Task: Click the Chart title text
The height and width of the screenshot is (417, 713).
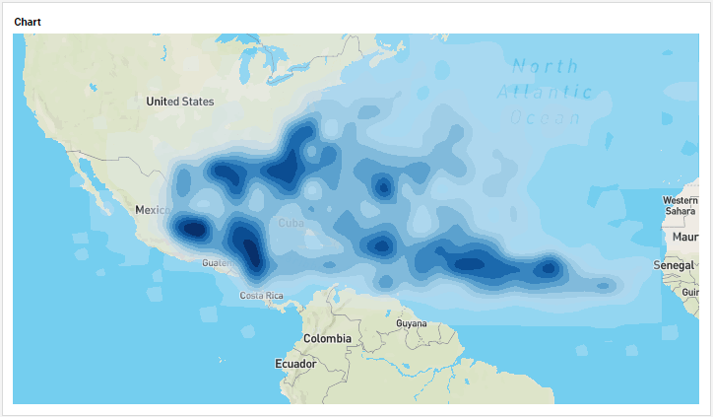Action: coord(28,21)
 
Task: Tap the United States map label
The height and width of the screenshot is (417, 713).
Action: coord(179,102)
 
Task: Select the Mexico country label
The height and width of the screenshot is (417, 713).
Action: coord(153,210)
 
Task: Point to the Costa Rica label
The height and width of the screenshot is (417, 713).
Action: coord(262,296)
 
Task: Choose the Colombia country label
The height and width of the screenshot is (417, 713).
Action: coord(327,338)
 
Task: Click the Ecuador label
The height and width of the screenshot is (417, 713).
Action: coord(294,364)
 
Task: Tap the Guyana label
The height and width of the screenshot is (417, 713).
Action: coord(412,323)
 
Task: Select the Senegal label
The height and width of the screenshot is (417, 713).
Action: coord(674,266)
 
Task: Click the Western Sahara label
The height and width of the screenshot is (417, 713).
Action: coord(681,205)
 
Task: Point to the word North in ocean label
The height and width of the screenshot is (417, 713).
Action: coord(546,67)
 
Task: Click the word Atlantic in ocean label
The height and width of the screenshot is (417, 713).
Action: coord(544,93)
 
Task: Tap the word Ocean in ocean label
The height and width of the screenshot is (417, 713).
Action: coord(545,118)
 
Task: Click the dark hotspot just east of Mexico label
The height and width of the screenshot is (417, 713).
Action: coord(192,229)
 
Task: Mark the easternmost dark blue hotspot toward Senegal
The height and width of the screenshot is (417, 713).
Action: coord(548,267)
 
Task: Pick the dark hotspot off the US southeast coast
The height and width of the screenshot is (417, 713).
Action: coord(293,163)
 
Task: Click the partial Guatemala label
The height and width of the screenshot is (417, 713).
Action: coord(216,263)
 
